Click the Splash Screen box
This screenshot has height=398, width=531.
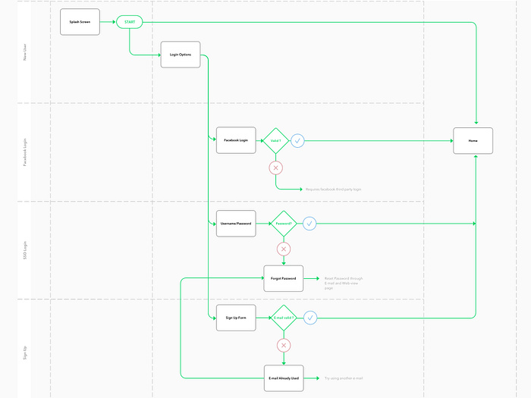pos(80,22)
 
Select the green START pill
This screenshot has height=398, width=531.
pos(129,22)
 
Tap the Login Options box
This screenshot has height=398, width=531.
pos(181,55)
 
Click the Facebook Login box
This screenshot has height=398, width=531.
pos(236,140)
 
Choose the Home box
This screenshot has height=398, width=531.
pos(473,141)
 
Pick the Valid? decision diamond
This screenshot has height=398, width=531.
pos(275,141)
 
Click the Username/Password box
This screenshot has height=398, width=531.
pos(236,224)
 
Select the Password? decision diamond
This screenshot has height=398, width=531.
pos(284,224)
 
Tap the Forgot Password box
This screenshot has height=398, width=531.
pos(284,279)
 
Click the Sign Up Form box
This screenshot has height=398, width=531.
pos(236,318)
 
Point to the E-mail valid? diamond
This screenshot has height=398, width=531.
pos(284,318)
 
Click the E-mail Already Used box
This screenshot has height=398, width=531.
pos(284,378)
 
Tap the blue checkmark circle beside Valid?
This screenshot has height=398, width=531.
pos(298,141)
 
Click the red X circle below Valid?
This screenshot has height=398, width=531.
pos(275,168)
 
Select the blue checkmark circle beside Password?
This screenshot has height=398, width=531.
pos(309,224)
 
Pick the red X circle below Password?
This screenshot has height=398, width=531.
pos(284,249)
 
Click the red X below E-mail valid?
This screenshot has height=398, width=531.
pos(284,346)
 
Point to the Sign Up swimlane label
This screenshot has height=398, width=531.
pos(25,349)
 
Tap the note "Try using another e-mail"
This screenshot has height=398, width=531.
pos(344,378)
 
